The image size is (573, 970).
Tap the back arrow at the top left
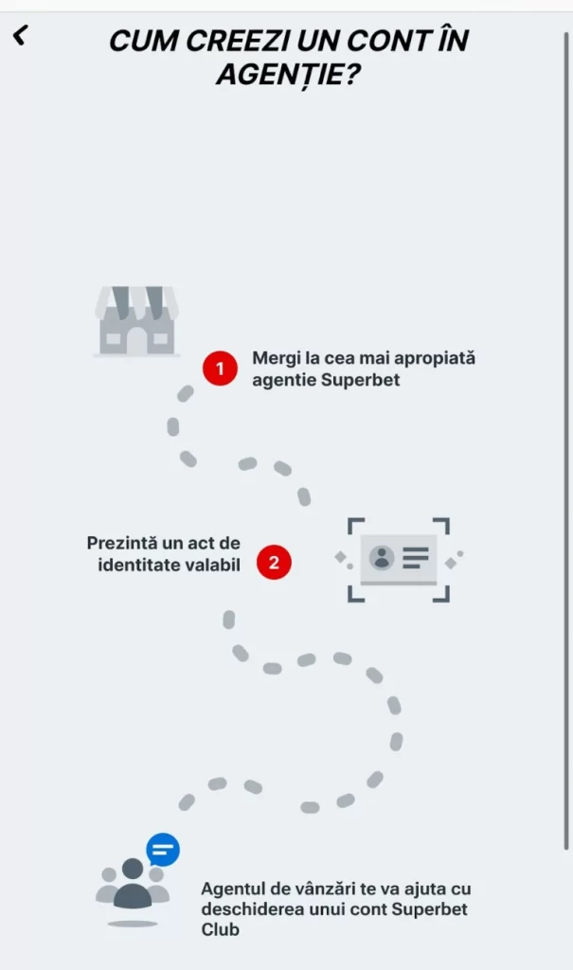coord(21,35)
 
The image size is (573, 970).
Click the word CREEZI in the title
coord(238,42)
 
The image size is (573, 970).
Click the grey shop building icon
coord(136,320)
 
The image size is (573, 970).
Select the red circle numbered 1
coord(220,368)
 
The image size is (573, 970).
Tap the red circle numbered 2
coord(274,563)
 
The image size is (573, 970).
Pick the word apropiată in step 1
coord(435,359)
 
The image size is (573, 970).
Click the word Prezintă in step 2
coord(121,543)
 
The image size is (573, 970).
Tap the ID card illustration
coord(399,559)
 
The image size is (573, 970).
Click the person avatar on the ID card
coord(382,557)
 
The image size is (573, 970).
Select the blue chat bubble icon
coord(163,850)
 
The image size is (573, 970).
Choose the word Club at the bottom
coord(220,929)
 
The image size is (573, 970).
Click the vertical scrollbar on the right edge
coord(565,440)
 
